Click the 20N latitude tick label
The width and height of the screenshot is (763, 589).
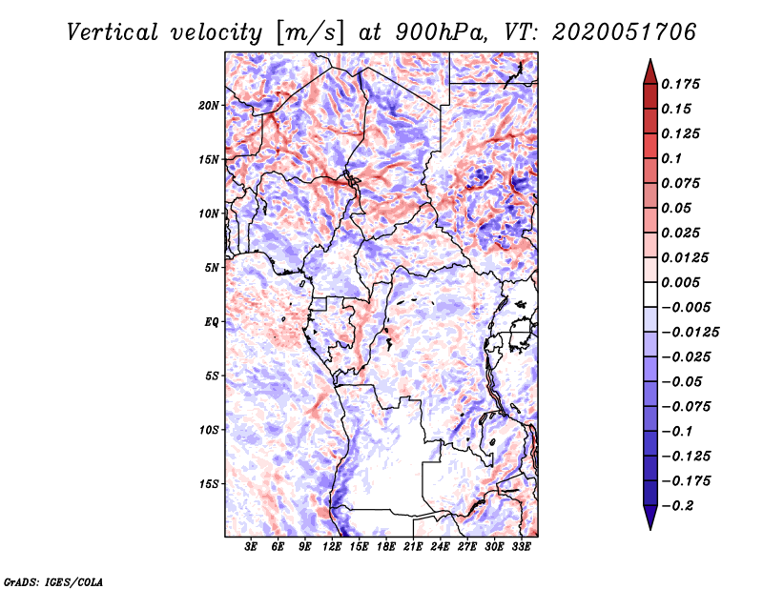(209, 105)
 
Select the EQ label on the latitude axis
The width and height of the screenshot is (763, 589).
(211, 322)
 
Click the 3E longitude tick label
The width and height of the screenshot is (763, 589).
(252, 547)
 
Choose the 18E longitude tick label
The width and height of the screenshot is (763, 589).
(386, 547)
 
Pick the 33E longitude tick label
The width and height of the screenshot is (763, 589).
(522, 547)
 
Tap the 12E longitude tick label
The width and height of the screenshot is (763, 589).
(333, 547)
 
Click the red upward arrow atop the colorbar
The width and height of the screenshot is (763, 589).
(649, 70)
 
